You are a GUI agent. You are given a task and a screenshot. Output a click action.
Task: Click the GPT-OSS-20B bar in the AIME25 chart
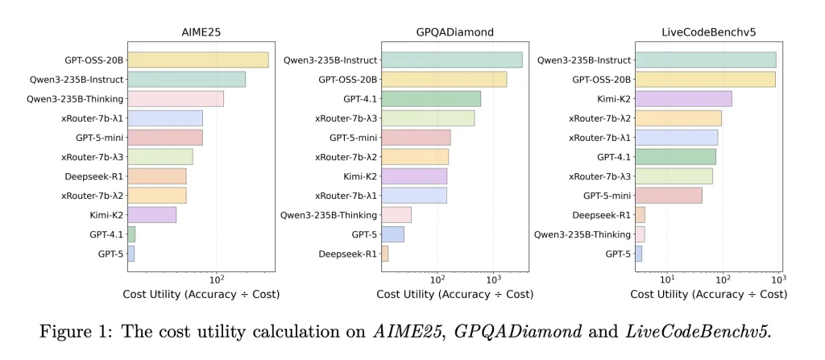click(x=197, y=60)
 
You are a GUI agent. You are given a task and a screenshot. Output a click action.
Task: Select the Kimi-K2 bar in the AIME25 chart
click(x=151, y=215)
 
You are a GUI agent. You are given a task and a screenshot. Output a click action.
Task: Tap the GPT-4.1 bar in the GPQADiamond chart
click(x=430, y=98)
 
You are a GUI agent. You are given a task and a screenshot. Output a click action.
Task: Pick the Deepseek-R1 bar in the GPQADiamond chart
click(x=384, y=254)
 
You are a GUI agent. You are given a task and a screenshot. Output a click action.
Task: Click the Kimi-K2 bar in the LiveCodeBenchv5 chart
click(x=683, y=98)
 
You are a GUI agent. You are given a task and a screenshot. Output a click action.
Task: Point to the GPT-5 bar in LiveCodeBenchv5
click(x=638, y=254)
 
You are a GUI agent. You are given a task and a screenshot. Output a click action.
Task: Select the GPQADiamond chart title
click(x=455, y=33)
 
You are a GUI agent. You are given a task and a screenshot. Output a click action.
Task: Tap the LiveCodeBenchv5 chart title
click(x=707, y=33)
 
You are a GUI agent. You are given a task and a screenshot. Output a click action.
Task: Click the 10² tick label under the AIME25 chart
click(x=217, y=279)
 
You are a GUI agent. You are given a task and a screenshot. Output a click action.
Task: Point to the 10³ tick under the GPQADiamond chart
click(x=493, y=279)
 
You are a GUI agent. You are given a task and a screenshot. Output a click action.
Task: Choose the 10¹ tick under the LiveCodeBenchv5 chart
click(x=666, y=279)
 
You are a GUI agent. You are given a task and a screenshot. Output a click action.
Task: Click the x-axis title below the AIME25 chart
click(x=201, y=295)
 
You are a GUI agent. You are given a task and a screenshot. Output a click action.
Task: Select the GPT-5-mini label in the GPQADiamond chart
click(x=350, y=138)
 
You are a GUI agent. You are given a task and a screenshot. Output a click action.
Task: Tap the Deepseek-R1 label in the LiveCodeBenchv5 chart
click(x=601, y=215)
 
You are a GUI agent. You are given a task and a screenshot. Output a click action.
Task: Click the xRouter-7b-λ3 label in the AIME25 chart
click(x=92, y=157)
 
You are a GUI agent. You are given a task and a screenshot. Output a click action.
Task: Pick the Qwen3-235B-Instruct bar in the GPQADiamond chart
click(x=451, y=60)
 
